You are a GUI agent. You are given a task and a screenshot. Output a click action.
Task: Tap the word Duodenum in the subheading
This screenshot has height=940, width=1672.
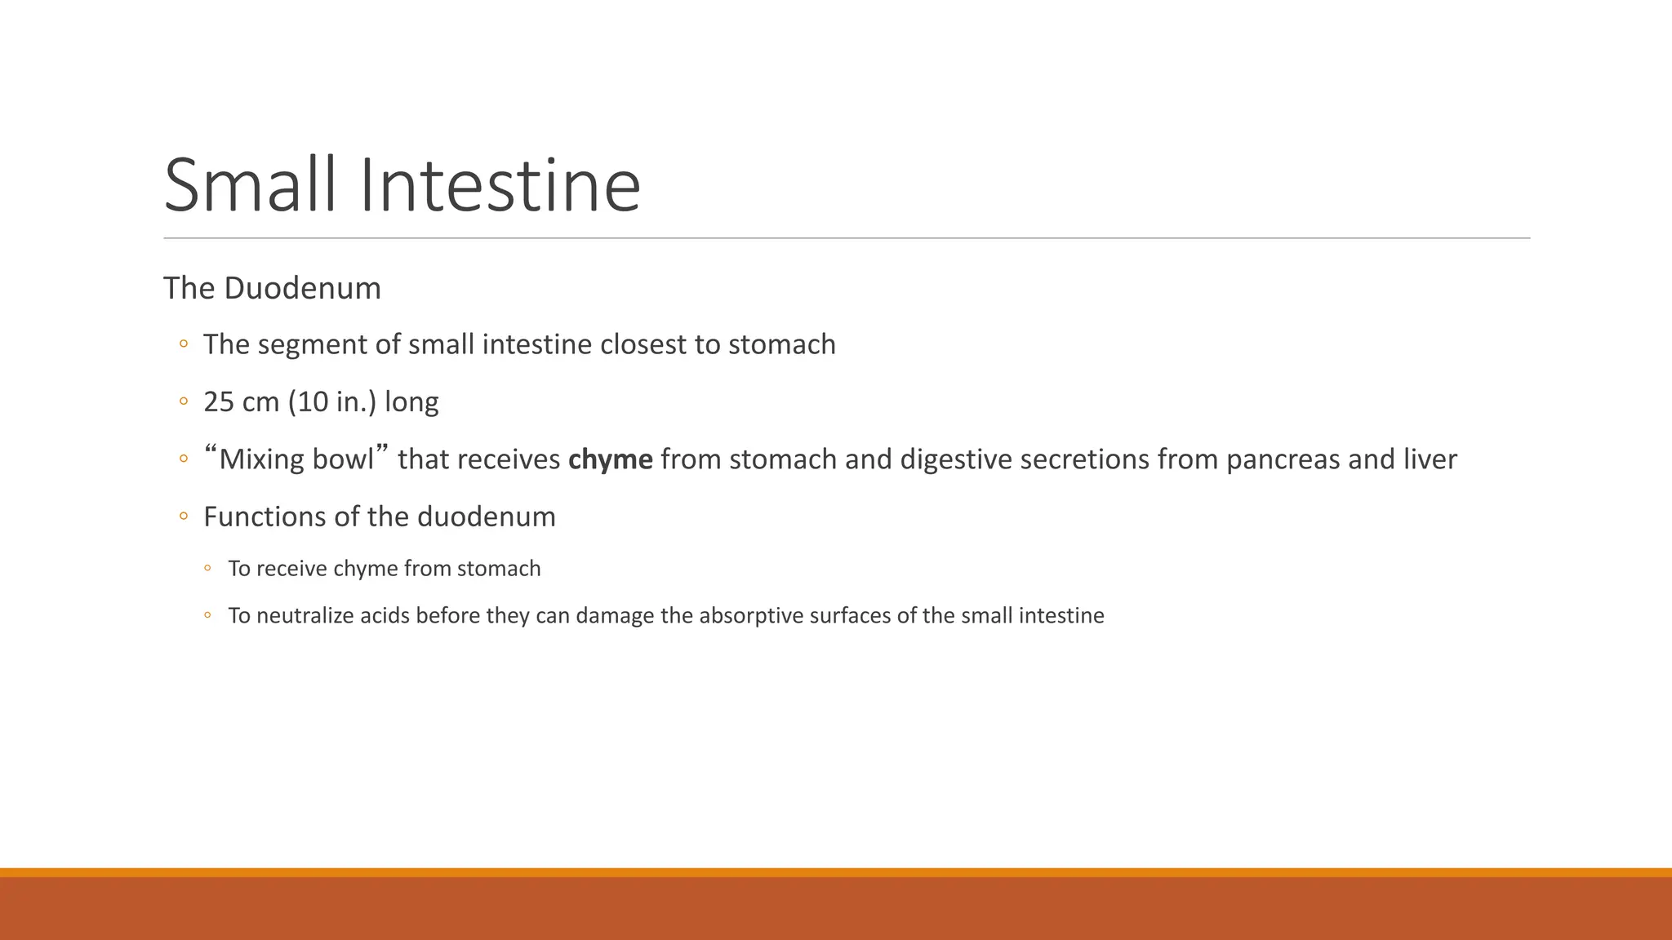302,288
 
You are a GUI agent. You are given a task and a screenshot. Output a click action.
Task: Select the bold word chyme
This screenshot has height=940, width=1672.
610,459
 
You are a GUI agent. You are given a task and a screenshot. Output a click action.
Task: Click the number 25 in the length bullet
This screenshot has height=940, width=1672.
219,402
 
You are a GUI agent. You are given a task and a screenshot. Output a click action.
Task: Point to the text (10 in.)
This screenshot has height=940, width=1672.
332,402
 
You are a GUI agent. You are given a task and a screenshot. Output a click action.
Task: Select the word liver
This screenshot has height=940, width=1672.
1430,459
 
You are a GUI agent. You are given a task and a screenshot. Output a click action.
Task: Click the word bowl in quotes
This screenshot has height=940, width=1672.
343,459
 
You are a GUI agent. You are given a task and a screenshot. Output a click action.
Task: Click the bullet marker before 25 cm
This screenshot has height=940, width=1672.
184,402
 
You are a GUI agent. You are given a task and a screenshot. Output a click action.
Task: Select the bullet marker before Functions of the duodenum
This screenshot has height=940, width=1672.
184,517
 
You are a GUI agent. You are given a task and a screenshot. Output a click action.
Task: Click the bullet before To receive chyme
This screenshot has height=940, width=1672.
208,569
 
